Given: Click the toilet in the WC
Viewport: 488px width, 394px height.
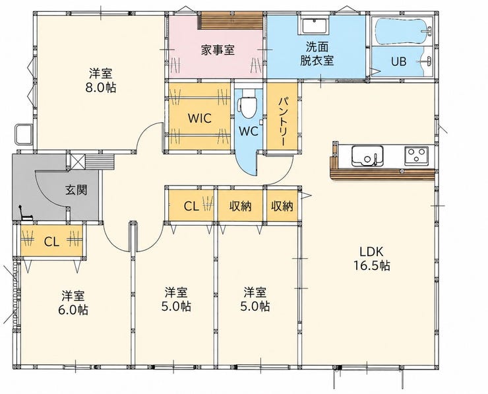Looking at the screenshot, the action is (x=247, y=104).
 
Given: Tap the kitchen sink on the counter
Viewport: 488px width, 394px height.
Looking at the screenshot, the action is (x=367, y=156).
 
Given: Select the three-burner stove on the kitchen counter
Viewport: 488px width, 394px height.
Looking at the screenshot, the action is (x=416, y=156).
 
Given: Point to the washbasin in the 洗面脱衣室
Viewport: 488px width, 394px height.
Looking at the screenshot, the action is (x=314, y=26).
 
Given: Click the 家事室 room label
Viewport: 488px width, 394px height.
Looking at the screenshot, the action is (x=218, y=50).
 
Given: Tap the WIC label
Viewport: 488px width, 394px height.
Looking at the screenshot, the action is (x=200, y=118).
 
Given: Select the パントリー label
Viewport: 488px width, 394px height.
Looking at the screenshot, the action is (x=283, y=121).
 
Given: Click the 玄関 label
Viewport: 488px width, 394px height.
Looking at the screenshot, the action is (x=76, y=189).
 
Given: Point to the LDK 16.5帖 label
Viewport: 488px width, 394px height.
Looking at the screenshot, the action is (x=371, y=258).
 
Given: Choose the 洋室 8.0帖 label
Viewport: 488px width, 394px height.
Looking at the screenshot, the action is (x=100, y=81).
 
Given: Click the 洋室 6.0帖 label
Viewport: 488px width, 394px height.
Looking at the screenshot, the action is (x=73, y=302).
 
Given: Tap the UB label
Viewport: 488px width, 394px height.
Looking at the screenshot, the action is (x=399, y=61).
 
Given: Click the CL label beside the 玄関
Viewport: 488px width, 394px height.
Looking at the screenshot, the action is (x=51, y=242).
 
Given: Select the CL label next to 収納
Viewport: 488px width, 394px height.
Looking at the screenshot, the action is (x=191, y=206).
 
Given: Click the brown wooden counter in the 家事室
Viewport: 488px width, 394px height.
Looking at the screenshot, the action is (x=231, y=20).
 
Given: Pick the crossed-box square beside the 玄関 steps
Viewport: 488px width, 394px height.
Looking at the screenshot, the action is (x=76, y=161).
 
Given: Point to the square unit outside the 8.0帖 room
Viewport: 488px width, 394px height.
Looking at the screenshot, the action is (x=24, y=134).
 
